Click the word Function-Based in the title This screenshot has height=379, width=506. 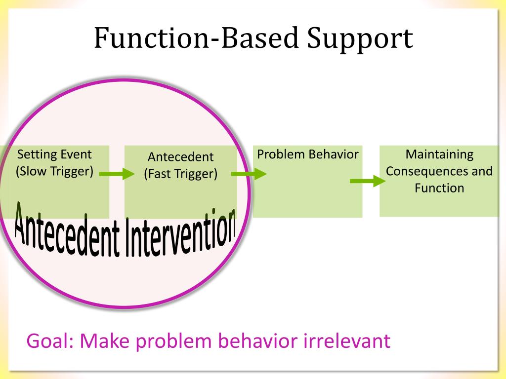196,38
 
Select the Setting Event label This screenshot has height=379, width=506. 54,154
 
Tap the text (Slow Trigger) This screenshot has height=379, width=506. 54,171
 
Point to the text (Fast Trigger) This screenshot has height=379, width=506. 181,174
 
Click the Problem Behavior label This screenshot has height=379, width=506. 307,154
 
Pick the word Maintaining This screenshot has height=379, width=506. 439,154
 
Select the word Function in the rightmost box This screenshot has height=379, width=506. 439,188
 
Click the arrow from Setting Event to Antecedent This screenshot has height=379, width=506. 117,174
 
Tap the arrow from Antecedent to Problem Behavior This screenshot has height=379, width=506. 249,174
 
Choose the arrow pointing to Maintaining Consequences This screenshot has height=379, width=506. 368,181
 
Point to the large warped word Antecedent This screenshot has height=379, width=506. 67,230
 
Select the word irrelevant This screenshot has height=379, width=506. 347,341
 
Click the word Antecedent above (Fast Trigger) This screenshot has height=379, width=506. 181,157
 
